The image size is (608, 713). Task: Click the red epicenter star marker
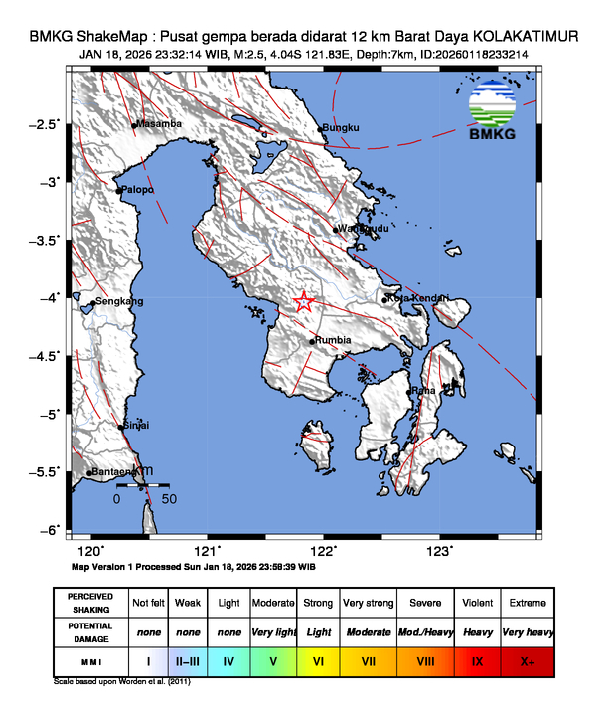pyautogui.click(x=305, y=303)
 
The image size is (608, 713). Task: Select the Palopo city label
pyautogui.click(x=140, y=190)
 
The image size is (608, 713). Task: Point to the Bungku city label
pyautogui.click(x=341, y=128)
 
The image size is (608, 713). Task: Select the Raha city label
pyautogui.click(x=424, y=391)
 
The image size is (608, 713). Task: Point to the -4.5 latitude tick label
pyautogui.click(x=46, y=355)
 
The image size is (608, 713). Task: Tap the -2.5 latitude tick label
pyautogui.click(x=46, y=124)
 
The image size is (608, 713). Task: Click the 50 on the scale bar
pyautogui.click(x=169, y=498)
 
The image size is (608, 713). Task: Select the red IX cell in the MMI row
pyautogui.click(x=478, y=660)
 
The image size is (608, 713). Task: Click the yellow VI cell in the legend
pyautogui.click(x=318, y=660)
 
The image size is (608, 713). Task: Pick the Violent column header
pyautogui.click(x=478, y=603)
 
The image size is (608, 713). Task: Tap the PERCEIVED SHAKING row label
pyautogui.click(x=90, y=603)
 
